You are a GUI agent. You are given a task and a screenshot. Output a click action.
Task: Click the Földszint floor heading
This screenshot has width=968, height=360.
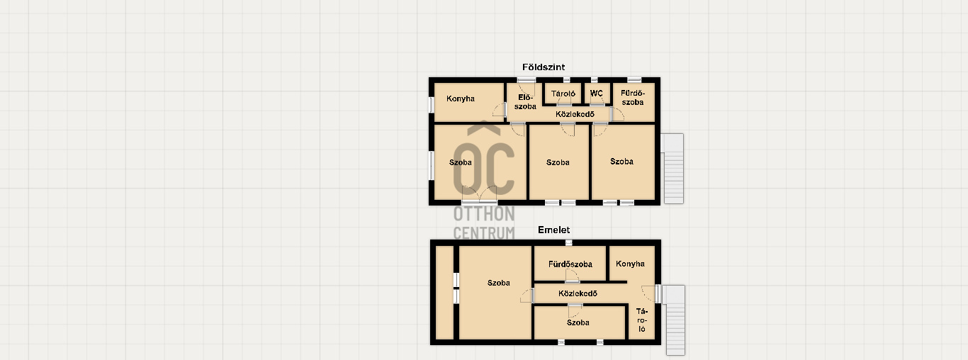(x=544, y=67)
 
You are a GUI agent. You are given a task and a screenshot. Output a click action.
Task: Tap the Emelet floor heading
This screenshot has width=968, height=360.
(x=553, y=230)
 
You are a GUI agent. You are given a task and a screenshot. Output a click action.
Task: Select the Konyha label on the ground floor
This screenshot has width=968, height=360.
(x=460, y=99)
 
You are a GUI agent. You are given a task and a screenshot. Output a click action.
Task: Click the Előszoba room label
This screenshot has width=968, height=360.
(x=525, y=102)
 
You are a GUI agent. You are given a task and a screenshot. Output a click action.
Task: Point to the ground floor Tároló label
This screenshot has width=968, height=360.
(x=563, y=94)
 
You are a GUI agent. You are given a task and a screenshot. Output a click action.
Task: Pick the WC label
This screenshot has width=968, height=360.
(x=597, y=94)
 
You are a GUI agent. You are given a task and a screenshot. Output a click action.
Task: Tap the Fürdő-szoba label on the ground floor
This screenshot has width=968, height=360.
(x=633, y=98)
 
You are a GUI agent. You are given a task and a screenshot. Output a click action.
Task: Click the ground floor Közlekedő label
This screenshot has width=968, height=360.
(x=575, y=114)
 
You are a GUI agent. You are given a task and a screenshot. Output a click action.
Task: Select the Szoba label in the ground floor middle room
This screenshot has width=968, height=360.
(x=558, y=162)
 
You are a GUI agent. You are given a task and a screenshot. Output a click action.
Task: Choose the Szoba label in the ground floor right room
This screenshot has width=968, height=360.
(x=622, y=162)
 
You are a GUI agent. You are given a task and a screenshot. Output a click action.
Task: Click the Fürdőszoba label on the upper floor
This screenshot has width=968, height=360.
(x=570, y=264)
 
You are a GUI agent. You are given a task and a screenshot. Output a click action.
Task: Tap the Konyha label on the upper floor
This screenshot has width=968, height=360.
(x=630, y=264)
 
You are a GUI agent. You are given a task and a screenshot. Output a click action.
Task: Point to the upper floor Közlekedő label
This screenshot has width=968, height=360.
(x=578, y=293)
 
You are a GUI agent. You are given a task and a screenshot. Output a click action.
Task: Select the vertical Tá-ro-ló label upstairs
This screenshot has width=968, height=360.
(x=642, y=320)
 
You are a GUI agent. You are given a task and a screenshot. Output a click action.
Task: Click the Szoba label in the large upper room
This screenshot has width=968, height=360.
(x=499, y=283)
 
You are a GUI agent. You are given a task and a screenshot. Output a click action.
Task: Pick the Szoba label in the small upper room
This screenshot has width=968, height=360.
(x=578, y=323)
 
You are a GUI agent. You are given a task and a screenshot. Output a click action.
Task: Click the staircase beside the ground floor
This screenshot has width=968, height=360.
(x=672, y=169)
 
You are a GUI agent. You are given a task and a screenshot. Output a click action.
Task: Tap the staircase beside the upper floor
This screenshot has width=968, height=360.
(x=674, y=320)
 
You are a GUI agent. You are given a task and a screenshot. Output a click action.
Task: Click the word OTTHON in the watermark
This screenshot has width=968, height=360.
(x=484, y=214)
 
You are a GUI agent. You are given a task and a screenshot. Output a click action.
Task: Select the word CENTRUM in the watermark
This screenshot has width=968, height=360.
(x=484, y=233)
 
